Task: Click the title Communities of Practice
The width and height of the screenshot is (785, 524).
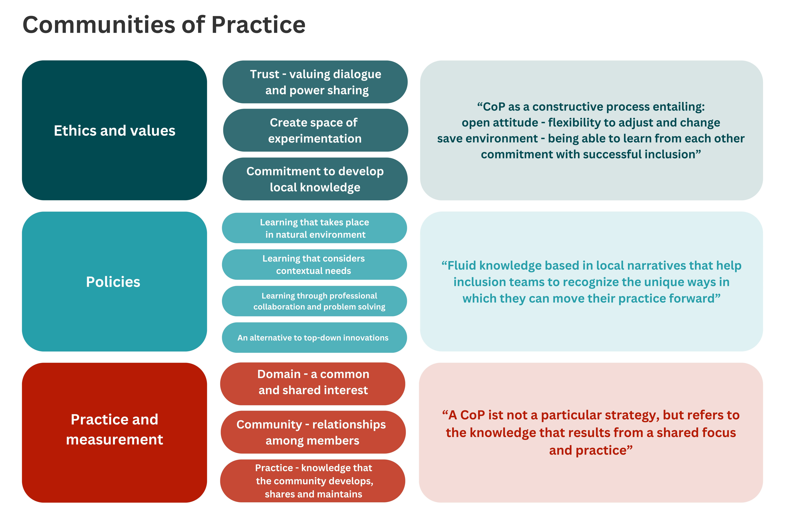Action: click(x=164, y=25)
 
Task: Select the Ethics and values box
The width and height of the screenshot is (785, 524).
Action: click(x=114, y=130)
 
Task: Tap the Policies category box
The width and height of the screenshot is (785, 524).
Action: click(x=114, y=281)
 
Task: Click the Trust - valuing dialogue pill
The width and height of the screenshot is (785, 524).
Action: click(x=315, y=82)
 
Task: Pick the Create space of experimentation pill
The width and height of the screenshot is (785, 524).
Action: click(x=315, y=130)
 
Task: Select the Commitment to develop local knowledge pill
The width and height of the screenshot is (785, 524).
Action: click(x=315, y=179)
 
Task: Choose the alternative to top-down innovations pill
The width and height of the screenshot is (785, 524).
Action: click(x=314, y=338)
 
